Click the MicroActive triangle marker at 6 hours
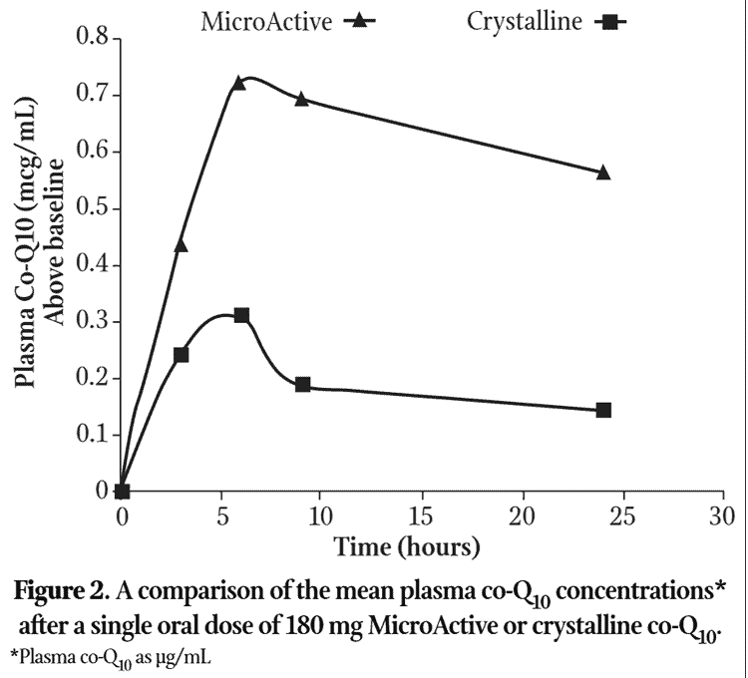(238, 83)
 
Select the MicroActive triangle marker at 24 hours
(602, 172)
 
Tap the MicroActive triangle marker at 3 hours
(181, 244)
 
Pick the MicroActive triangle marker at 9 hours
(301, 99)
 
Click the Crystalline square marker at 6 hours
(240, 315)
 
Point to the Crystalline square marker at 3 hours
(181, 354)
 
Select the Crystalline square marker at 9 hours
(302, 384)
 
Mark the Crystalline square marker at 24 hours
(602, 410)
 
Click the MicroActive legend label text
(266, 20)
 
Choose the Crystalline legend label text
(524, 20)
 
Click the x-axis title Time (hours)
(407, 547)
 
